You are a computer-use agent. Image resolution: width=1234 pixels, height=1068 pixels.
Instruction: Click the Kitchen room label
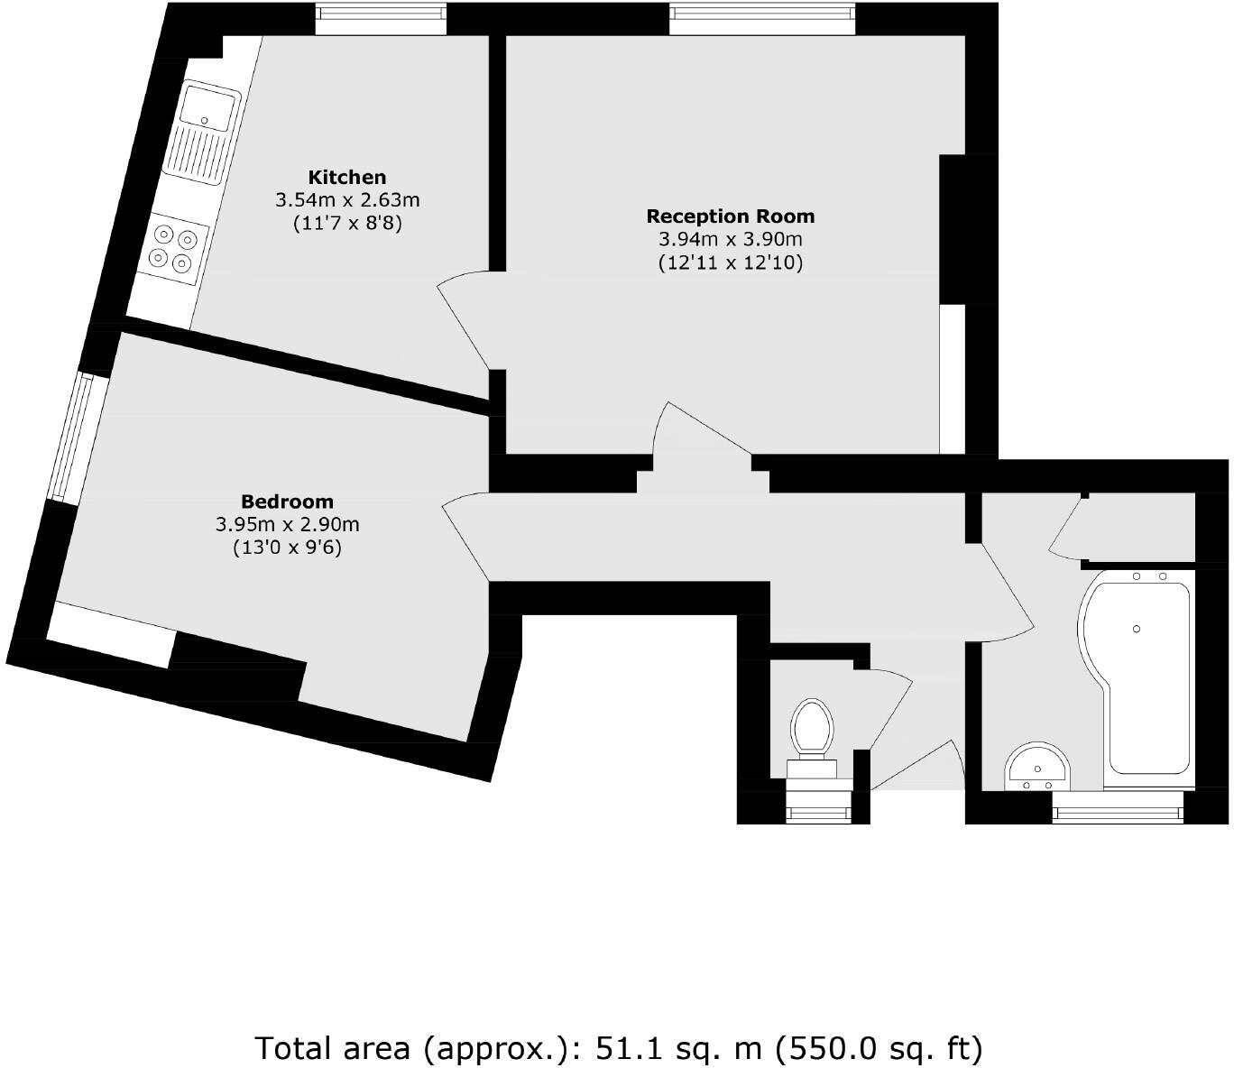click(x=346, y=177)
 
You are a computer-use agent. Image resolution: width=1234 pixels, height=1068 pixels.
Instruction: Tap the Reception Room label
click(x=730, y=216)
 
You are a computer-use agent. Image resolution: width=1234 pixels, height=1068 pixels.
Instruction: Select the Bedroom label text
click(x=287, y=502)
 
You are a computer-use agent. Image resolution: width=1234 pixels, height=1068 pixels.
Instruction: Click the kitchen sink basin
click(x=207, y=105)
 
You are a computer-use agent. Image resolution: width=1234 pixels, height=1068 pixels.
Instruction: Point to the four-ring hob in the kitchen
click(x=173, y=248)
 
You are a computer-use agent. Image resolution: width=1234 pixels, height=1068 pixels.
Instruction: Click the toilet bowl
click(x=811, y=727)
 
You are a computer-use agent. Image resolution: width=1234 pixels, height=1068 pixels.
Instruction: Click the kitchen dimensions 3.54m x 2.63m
click(x=346, y=199)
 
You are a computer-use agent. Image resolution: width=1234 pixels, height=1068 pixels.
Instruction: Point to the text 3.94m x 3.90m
click(x=730, y=239)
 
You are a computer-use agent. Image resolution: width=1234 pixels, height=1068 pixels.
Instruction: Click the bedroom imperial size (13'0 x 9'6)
click(x=287, y=548)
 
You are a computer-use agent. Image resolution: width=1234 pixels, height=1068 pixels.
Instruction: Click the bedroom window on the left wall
click(x=72, y=437)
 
